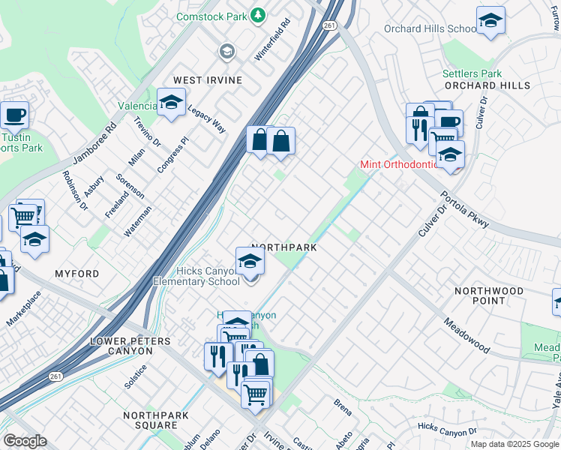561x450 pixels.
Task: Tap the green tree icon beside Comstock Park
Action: [258, 14]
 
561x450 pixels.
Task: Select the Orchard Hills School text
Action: [430, 29]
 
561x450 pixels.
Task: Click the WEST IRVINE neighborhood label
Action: [208, 80]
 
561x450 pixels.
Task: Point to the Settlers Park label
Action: [472, 74]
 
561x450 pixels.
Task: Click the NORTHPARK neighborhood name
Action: [284, 247]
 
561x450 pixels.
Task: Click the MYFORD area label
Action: [76, 274]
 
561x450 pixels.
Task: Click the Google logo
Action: [24, 441]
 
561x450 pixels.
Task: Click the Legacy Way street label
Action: [207, 118]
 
